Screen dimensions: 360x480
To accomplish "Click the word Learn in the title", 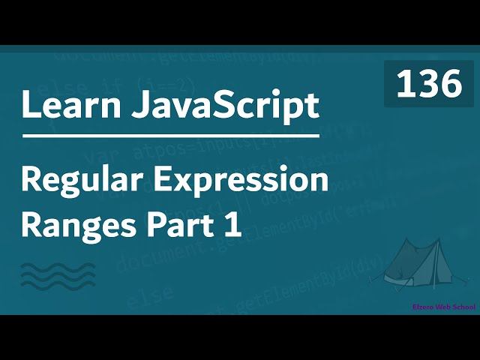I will (65, 106).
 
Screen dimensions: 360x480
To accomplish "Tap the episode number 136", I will (429, 84).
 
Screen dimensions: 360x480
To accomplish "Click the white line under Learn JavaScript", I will (171, 138).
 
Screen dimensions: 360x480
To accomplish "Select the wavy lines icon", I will (58, 275).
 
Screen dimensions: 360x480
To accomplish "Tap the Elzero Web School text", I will (443, 307).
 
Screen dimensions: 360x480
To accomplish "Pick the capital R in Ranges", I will (31, 225).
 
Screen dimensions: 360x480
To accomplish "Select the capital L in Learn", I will (30, 106).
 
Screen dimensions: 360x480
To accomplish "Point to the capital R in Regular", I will (31, 181).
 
